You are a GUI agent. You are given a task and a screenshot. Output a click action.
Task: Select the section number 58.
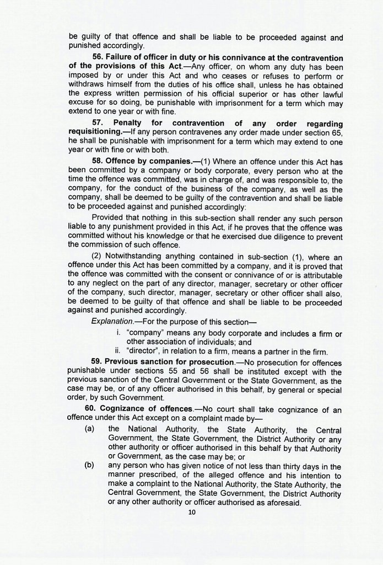98,161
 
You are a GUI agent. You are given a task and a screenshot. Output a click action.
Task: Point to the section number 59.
98,362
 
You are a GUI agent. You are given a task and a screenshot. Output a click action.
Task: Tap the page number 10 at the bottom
192,512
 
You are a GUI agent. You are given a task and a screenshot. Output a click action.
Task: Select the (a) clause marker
89,429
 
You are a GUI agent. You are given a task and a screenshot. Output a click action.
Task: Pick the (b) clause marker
89,465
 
